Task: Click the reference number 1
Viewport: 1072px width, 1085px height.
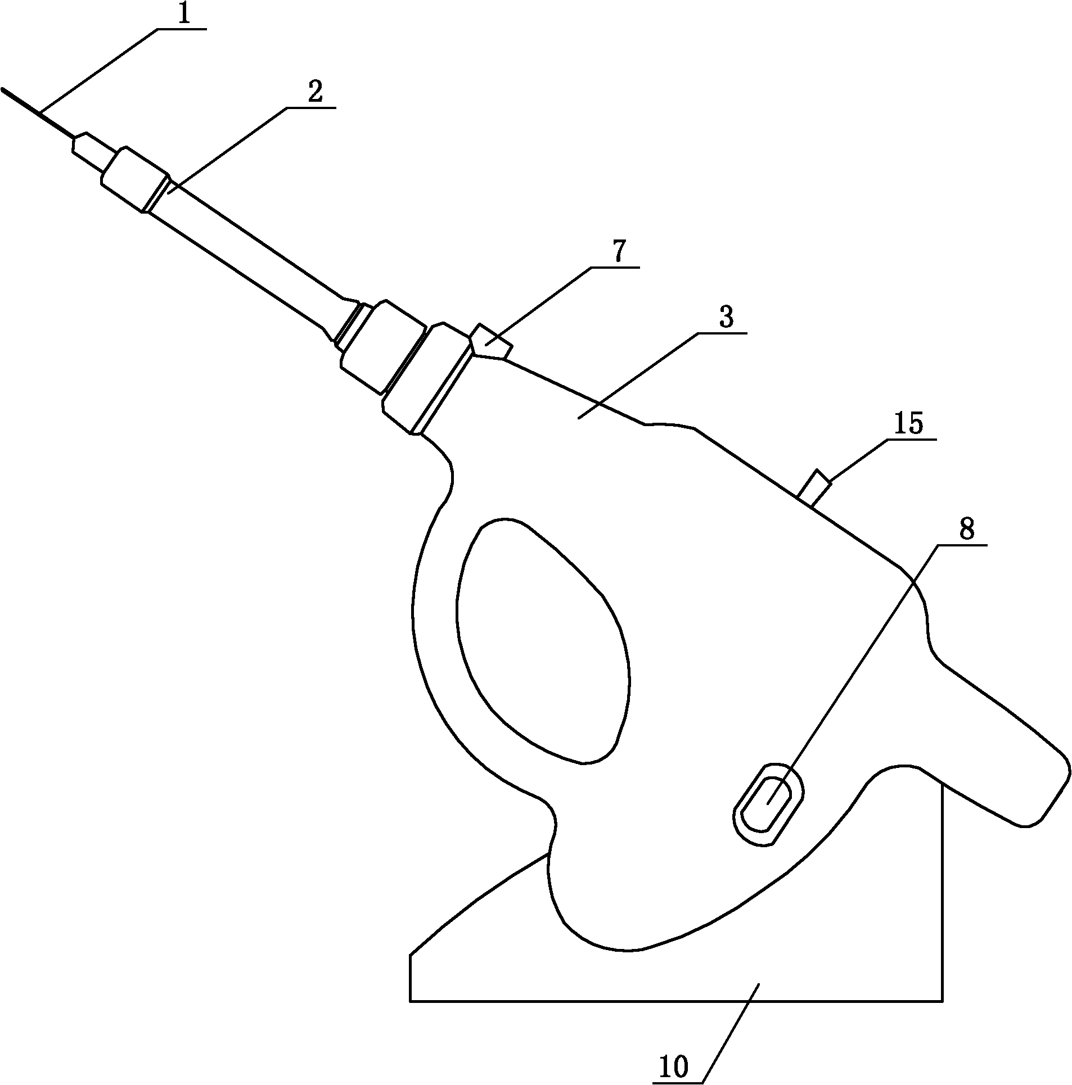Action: [x=183, y=15]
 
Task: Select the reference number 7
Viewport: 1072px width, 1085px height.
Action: [x=618, y=253]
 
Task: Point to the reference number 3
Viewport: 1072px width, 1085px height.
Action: [x=726, y=318]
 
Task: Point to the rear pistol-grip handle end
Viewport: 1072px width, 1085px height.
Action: [x=1035, y=787]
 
